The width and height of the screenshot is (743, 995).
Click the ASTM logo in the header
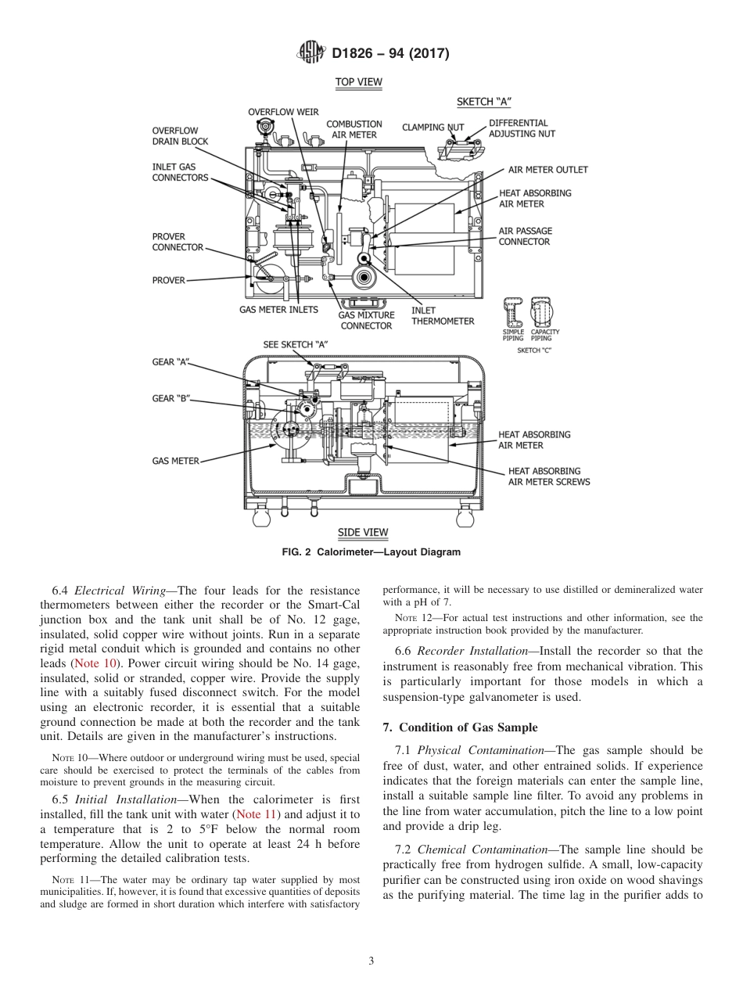(313, 53)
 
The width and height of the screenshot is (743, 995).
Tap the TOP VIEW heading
(358, 81)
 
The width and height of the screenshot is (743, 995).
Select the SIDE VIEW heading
(362, 533)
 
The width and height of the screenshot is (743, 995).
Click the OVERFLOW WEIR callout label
(283, 112)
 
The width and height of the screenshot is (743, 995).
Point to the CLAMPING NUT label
(433, 127)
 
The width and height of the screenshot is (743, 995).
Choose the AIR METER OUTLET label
(547, 170)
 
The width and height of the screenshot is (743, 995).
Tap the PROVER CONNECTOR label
(177, 242)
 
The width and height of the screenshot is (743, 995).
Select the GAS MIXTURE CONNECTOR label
(366, 321)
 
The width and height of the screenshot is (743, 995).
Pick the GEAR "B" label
(170, 398)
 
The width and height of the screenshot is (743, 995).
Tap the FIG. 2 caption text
(371, 551)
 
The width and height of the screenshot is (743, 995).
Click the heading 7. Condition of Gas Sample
(460, 727)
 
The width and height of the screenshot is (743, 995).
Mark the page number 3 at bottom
(371, 961)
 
